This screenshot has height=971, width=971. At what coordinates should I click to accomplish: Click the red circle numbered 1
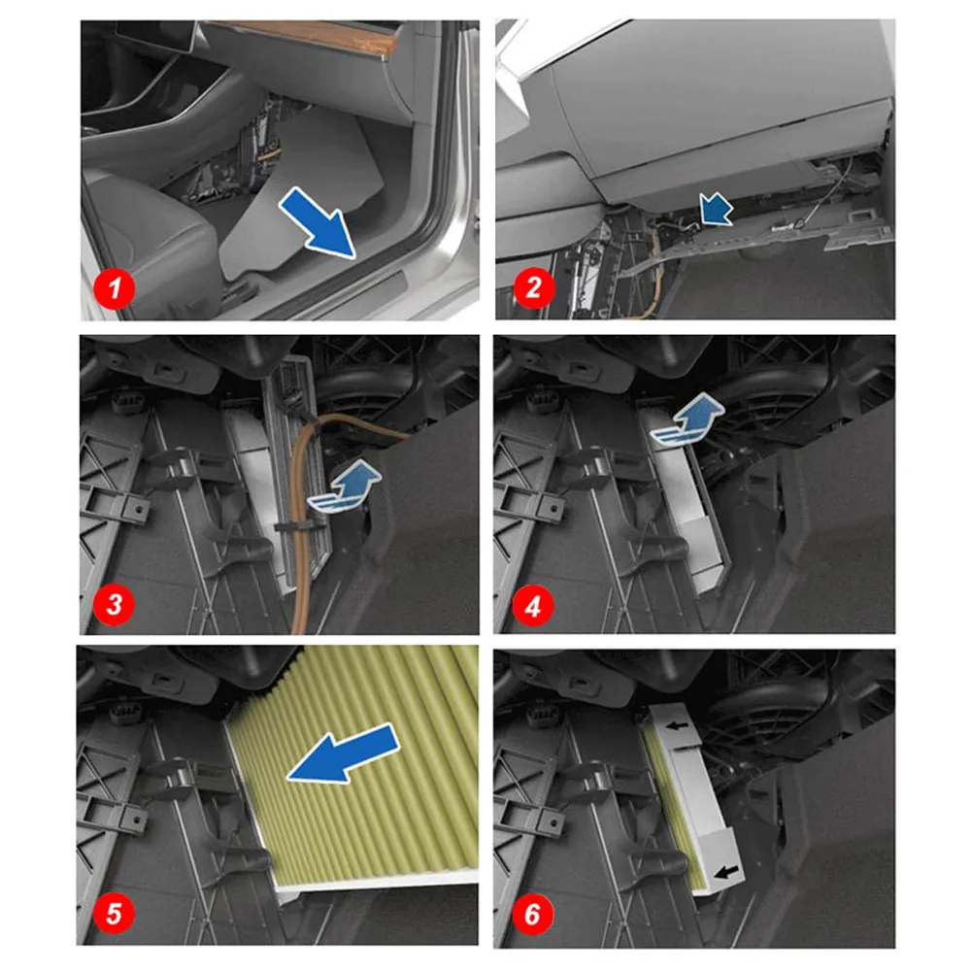114,288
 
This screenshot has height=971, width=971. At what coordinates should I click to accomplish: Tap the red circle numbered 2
533,287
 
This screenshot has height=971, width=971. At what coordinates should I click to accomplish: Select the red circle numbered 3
114,604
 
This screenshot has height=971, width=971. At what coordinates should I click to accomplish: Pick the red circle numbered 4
532,605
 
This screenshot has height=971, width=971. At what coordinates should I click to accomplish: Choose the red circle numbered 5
114,913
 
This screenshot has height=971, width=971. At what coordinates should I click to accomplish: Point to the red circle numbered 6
532,914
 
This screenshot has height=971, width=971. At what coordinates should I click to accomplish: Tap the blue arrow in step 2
716,210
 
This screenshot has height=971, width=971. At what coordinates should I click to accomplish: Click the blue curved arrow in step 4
687,419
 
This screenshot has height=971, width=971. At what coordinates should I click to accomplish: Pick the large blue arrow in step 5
344,753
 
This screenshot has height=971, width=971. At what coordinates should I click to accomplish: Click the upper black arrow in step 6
680,725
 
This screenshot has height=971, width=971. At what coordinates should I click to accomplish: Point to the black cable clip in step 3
298,526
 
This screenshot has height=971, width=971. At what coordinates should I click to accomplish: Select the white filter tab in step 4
703,544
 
